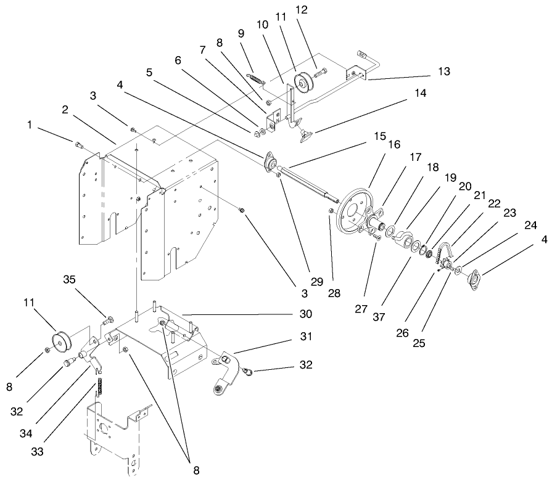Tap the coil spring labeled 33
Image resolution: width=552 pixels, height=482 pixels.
click(x=97, y=390)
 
